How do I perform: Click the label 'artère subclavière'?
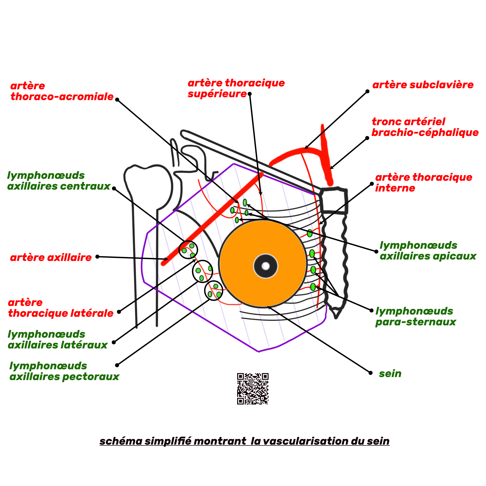(x=423, y=85)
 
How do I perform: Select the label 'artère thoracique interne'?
(x=423, y=183)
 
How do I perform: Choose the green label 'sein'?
(x=390, y=374)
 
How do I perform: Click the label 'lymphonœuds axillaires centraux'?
(x=59, y=181)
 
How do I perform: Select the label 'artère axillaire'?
(x=51, y=258)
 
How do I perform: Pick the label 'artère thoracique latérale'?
(x=61, y=308)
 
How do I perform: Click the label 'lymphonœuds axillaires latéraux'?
(x=58, y=340)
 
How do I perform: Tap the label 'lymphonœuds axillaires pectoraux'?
(x=64, y=371)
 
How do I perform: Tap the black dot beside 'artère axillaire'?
(x=98, y=257)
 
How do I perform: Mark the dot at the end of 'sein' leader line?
(x=370, y=373)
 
